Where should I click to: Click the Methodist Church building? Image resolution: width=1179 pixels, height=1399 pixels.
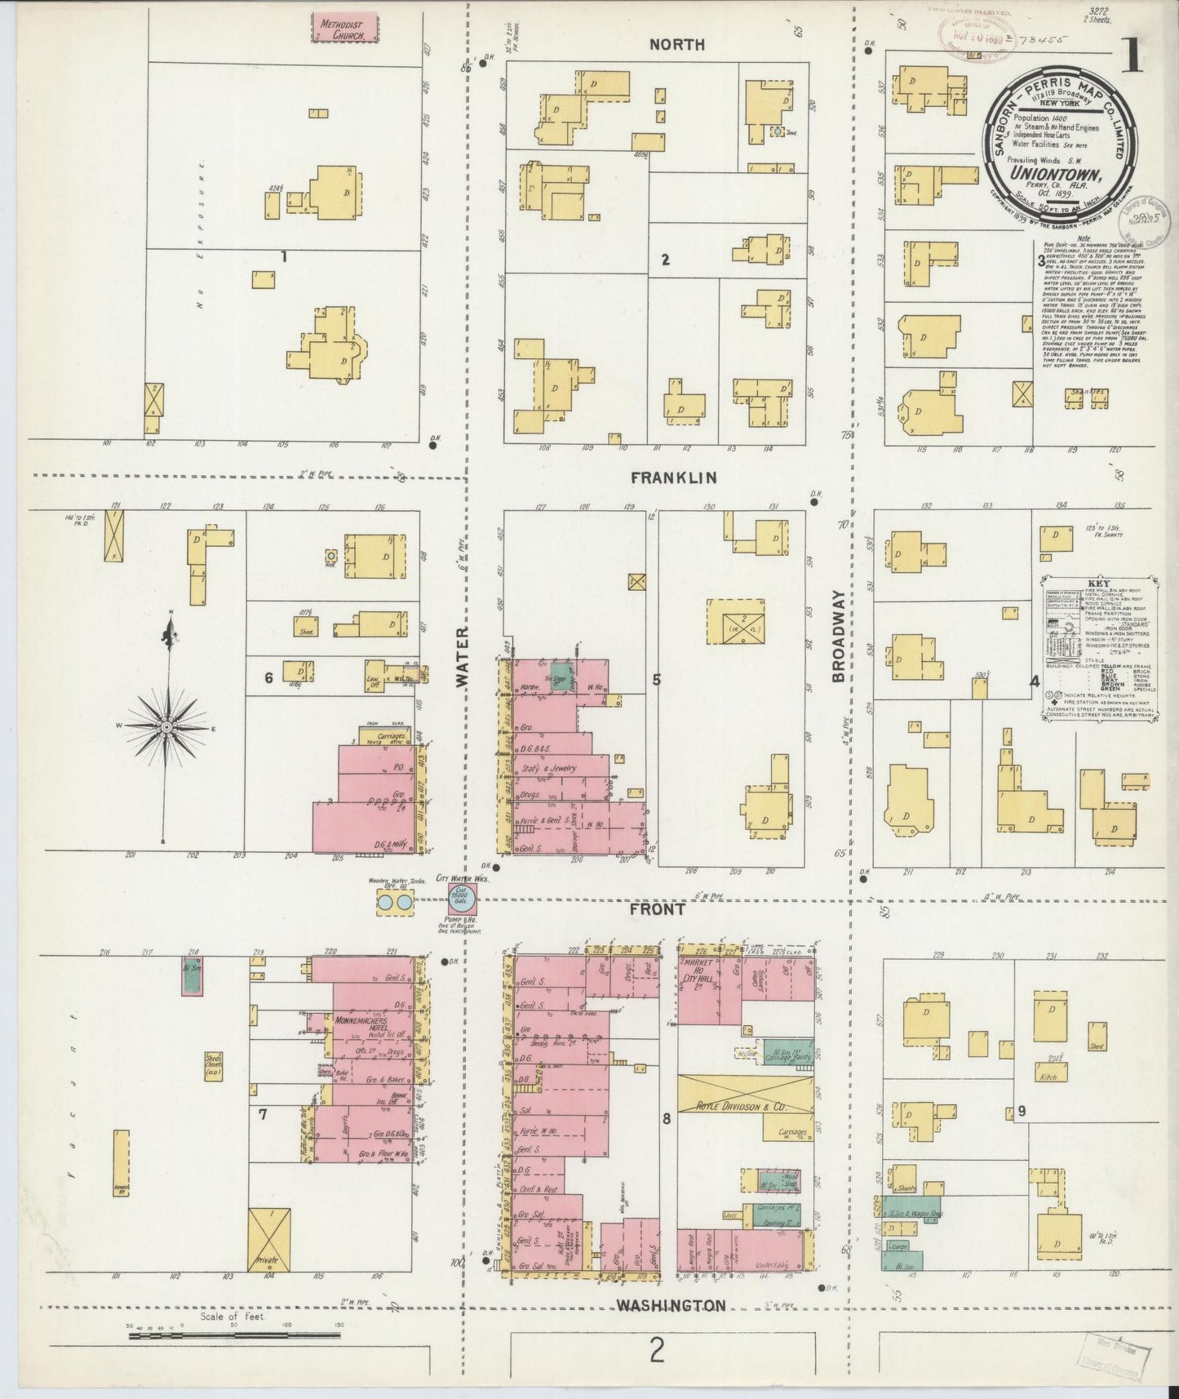click(x=346, y=27)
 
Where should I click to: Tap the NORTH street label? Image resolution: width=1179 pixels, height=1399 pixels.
click(x=676, y=45)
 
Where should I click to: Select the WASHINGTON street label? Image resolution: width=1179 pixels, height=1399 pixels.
click(x=670, y=1305)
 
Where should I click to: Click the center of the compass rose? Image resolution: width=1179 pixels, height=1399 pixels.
click(x=166, y=726)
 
